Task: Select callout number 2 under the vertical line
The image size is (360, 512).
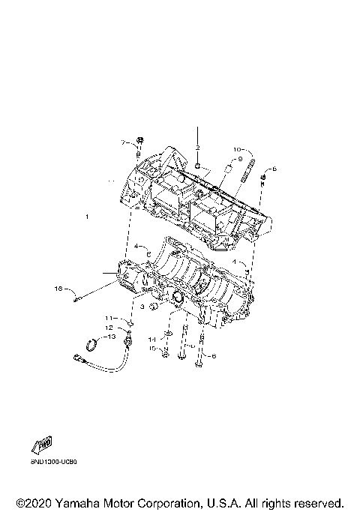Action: [x=198, y=148]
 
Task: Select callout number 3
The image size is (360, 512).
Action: [x=141, y=307]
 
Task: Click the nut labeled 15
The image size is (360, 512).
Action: [x=163, y=354]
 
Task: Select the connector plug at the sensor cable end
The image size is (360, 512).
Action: [x=79, y=359]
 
